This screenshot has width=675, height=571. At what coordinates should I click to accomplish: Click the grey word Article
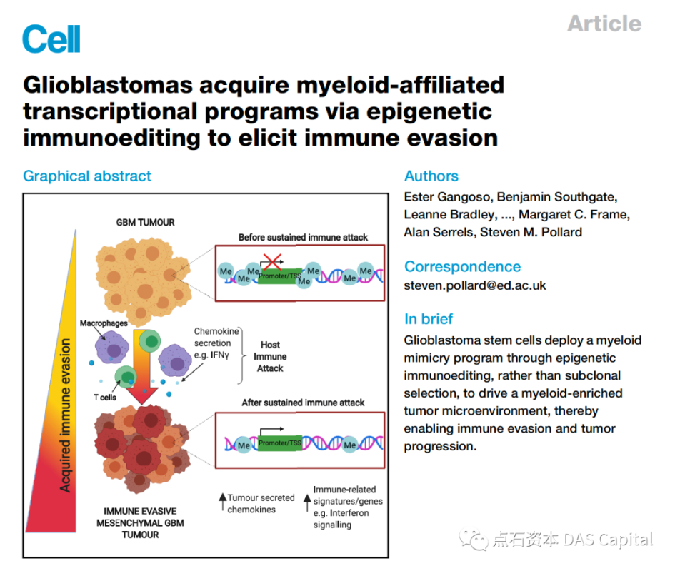click(604, 24)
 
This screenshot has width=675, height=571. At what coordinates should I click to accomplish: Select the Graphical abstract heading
click(87, 176)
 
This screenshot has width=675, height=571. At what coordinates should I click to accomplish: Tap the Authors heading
click(431, 176)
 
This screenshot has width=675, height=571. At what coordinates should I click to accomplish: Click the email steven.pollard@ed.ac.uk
click(475, 285)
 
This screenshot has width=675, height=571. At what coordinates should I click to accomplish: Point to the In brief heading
click(429, 318)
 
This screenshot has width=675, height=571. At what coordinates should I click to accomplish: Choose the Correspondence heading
click(462, 266)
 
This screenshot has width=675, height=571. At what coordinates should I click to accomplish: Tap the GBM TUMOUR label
click(146, 222)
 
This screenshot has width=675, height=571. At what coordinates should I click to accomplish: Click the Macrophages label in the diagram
click(104, 323)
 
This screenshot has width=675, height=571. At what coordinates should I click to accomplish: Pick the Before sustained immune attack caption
click(304, 237)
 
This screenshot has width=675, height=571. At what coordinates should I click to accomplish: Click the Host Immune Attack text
click(270, 356)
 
